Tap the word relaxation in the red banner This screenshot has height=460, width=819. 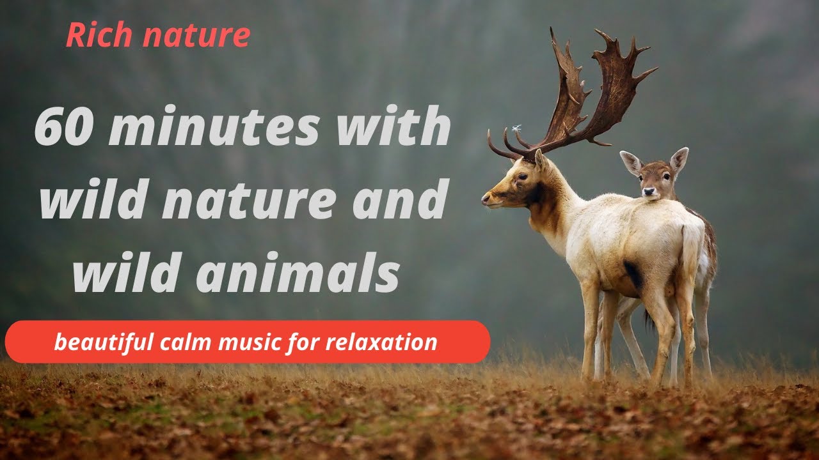pos(381,342)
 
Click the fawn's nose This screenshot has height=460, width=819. pos(650,191)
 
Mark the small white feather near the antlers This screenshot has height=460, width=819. pos(516,128)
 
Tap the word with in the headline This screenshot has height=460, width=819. pos(409,126)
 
